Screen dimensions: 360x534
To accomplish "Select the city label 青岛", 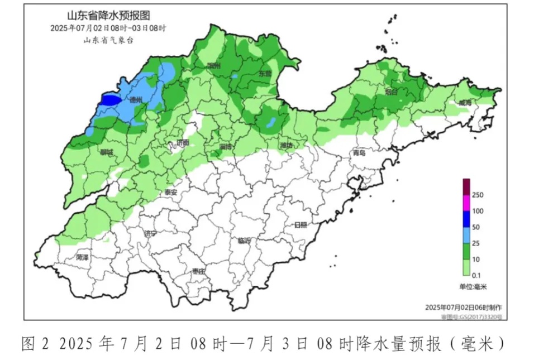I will (x=358, y=153).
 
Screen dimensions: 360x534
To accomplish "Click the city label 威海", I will (x=465, y=103).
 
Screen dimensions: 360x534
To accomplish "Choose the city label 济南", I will (x=183, y=143).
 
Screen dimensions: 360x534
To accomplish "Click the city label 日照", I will (x=301, y=225).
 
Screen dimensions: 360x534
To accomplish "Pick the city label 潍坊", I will (x=286, y=146).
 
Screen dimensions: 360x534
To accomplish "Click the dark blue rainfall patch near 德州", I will (x=110, y=100).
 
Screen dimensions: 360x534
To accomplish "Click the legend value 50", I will (x=476, y=227).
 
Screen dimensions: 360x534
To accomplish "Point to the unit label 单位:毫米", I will (x=473, y=286).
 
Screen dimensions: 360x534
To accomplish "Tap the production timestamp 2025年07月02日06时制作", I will (x=463, y=308).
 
